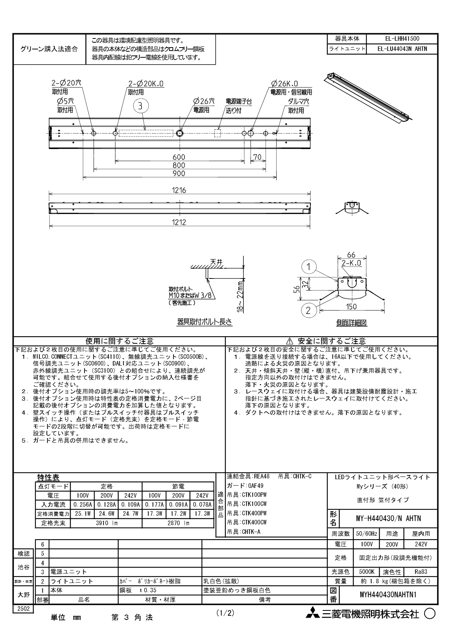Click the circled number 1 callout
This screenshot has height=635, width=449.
(309, 267)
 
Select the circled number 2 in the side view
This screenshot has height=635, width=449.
(309, 311)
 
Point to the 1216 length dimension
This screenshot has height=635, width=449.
(179, 191)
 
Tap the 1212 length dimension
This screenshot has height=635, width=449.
(179, 223)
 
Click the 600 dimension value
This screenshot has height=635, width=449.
(179, 157)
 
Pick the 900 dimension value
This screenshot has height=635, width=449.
(179, 174)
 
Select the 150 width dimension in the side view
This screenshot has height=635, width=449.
(351, 307)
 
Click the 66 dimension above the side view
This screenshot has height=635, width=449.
(351, 255)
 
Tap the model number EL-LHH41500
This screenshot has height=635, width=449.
(402, 38)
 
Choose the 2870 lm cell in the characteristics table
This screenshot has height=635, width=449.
(178, 523)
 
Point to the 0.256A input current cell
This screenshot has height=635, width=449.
(83, 504)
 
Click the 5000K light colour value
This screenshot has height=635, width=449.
(367, 572)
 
